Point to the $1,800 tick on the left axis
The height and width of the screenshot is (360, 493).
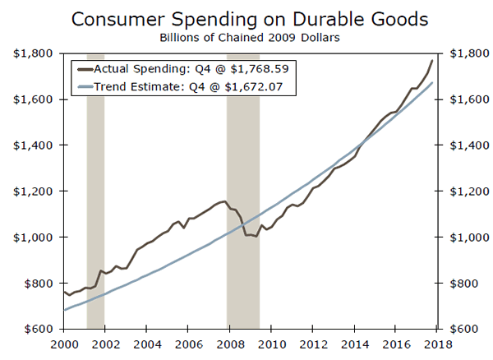pyautogui.click(x=31, y=53)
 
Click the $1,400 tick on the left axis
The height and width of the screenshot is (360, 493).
pyautogui.click(x=31, y=145)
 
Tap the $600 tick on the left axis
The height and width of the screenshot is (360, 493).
pyautogui.click(x=35, y=329)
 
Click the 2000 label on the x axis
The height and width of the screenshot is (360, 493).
pyautogui.click(x=63, y=343)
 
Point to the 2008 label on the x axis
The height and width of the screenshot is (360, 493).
pyautogui.click(x=230, y=343)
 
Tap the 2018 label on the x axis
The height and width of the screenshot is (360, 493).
pyautogui.click(x=439, y=343)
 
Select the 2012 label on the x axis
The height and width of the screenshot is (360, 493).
pyautogui.click(x=314, y=343)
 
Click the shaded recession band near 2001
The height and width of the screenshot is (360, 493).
pyautogui.click(x=95, y=205)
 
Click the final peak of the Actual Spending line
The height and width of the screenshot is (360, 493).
pyautogui.click(x=433, y=60)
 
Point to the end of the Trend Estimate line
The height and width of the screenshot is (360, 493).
pyautogui.click(x=433, y=82)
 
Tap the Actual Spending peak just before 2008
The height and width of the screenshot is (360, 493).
pyautogui.click(x=223, y=201)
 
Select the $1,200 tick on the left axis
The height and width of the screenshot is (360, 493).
pyautogui.click(x=31, y=192)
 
